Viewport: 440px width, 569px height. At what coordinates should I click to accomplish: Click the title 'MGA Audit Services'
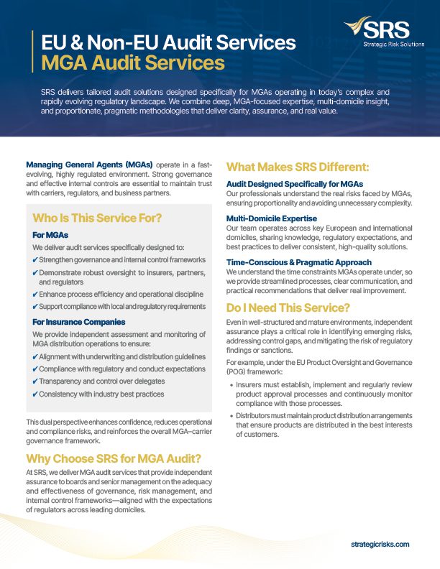pyautogui.click(x=133, y=63)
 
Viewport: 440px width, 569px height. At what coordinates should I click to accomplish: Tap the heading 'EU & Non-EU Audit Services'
pyautogui.click(x=168, y=42)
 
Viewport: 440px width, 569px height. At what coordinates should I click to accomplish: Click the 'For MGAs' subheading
pyautogui.click(x=50, y=235)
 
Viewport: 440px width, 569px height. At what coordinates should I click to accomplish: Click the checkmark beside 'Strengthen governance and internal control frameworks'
pyautogui.click(x=35, y=260)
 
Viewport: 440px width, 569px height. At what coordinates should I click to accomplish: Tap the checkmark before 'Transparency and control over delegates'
pyautogui.click(x=35, y=381)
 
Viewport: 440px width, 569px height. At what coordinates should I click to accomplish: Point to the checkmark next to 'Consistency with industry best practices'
pyautogui.click(x=35, y=394)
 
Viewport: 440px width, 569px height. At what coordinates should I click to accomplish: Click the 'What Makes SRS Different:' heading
pyautogui.click(x=298, y=167)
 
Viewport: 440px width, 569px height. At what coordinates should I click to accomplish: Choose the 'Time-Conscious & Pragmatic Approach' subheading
pyautogui.click(x=299, y=262)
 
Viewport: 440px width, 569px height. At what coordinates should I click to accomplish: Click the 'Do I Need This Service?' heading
pyautogui.click(x=288, y=306)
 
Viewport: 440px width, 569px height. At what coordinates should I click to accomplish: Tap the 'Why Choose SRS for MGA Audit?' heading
pyautogui.click(x=113, y=459)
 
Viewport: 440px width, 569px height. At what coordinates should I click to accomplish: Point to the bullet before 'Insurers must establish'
pyautogui.click(x=232, y=385)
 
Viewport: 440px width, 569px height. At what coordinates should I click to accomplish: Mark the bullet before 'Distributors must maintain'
pyautogui.click(x=232, y=416)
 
